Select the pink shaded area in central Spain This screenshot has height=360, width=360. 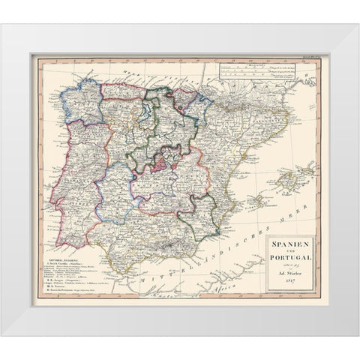(163, 163)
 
